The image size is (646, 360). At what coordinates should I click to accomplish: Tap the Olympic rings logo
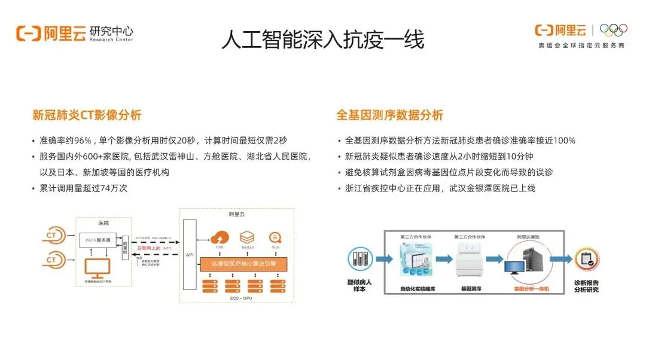613,29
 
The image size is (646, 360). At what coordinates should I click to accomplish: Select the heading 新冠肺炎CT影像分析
87,115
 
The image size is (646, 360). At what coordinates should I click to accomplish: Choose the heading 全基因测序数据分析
389,115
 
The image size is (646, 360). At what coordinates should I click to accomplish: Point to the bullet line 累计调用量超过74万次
84,188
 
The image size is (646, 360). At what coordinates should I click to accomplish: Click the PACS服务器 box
97,239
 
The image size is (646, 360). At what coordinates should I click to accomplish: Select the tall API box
190,255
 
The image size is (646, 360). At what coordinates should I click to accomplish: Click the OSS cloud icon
221,236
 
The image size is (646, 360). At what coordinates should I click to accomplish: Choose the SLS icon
276,236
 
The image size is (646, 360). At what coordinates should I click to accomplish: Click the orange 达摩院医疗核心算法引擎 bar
244,263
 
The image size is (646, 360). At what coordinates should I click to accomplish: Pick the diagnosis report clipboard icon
586,259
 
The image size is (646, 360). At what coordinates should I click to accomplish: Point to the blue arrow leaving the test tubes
384,260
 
